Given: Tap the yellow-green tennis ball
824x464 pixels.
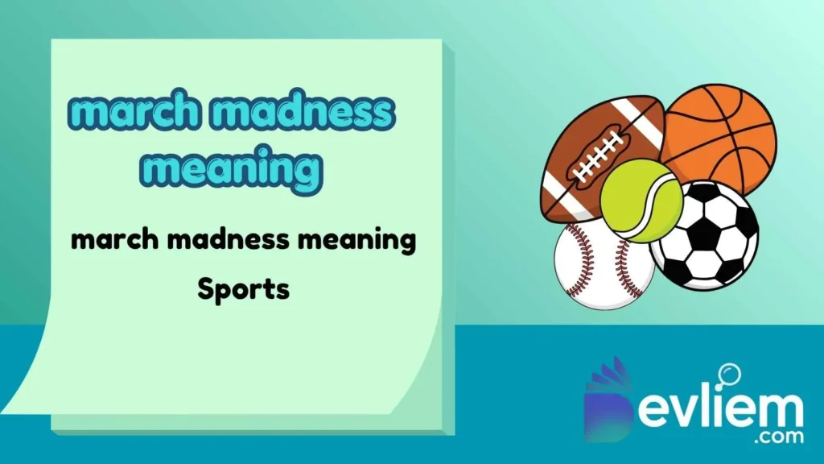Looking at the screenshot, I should click(641, 199).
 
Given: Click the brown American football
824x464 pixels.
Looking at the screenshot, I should click(591, 153).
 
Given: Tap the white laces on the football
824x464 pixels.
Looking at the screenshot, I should click(597, 154).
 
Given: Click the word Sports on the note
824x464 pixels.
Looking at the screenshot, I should click(243, 288).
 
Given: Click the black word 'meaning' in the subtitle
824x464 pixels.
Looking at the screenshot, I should click(361, 239).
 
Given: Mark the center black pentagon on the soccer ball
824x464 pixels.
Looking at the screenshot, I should click(707, 234).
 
